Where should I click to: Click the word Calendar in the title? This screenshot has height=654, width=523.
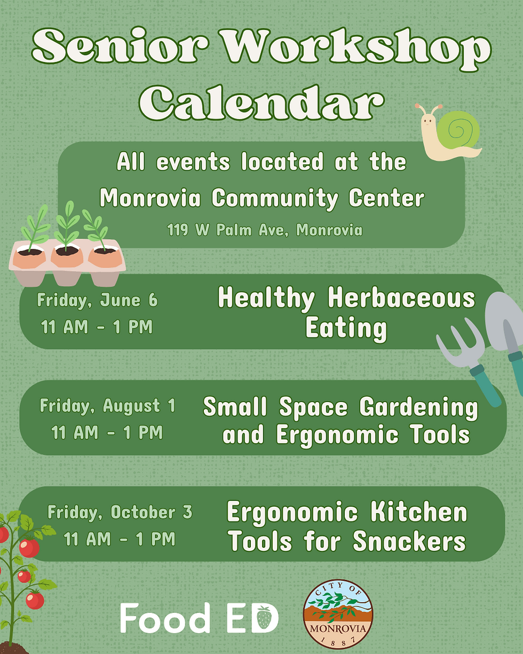click(261, 103)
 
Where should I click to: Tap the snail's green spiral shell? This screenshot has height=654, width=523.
click(458, 130)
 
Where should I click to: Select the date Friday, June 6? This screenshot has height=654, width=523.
click(97, 300)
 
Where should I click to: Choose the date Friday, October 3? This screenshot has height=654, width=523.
click(120, 512)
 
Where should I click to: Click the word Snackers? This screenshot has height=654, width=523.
click(409, 541)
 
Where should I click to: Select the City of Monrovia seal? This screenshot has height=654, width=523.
click(338, 614)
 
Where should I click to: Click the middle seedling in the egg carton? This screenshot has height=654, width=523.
click(67, 225)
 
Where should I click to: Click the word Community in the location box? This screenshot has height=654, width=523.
click(275, 199)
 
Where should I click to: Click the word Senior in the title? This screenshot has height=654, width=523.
click(120, 46)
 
